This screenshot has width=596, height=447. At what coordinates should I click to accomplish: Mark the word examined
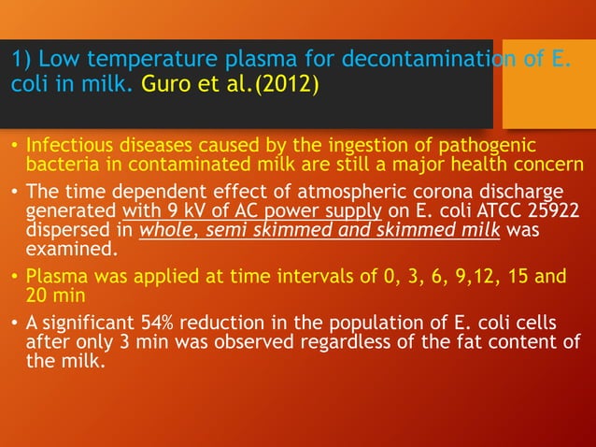(64, 246)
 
